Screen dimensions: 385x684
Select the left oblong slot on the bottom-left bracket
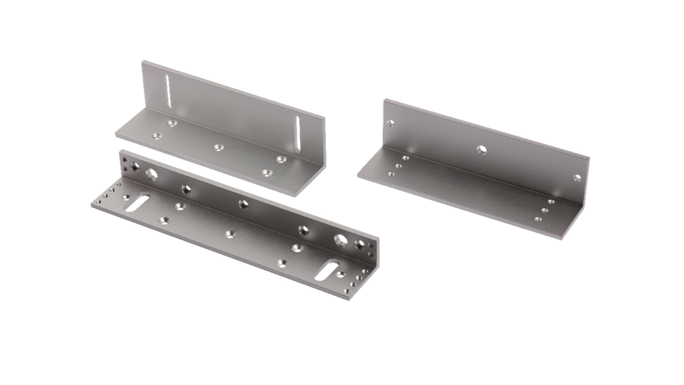click(137, 203)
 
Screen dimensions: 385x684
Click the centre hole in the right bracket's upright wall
click(481, 148)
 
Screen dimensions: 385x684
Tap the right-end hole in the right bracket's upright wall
click(577, 178)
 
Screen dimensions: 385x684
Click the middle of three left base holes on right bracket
click(397, 166)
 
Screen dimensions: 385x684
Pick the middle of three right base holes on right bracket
click(544, 210)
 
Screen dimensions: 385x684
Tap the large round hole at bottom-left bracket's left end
click(152, 175)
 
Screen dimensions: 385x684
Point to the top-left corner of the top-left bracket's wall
click(142, 60)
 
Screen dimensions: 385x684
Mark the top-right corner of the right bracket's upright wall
click(590, 158)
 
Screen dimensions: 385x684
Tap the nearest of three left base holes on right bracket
click(391, 174)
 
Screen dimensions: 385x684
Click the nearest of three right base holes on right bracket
click(538, 219)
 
